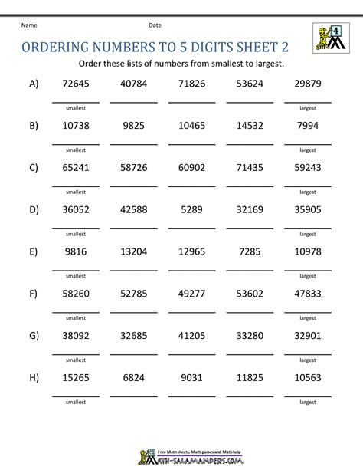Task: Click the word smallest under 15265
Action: click(x=75, y=399)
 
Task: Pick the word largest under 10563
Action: click(x=307, y=399)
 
